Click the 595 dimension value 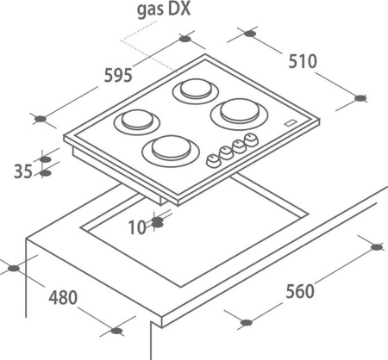pos(118,76)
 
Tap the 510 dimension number pos(303,61)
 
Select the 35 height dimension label pos(23,171)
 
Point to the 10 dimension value pos(137,228)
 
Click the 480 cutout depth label pos(63,298)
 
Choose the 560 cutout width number pos(300,291)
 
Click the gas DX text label pos(164,9)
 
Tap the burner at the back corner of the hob pos(196,90)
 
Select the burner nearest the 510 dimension pos(240,115)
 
